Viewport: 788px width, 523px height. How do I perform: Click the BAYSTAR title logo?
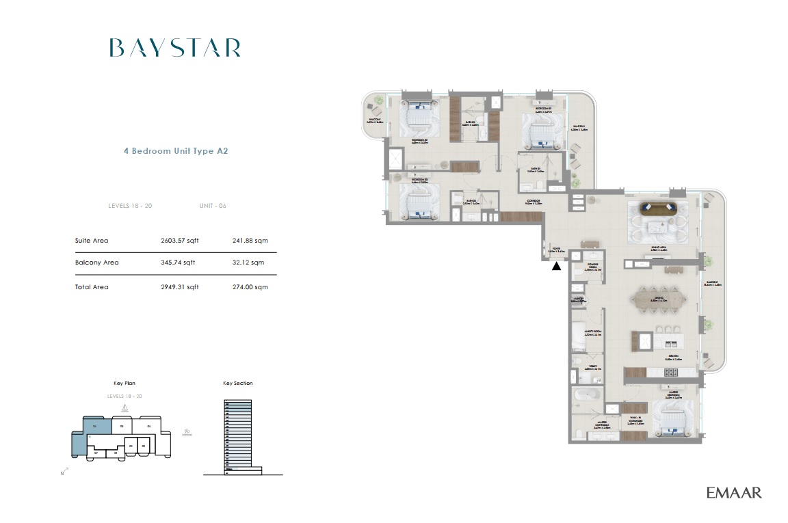pos(174,48)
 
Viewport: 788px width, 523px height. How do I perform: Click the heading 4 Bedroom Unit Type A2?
pos(175,151)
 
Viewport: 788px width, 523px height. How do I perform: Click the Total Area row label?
pos(92,287)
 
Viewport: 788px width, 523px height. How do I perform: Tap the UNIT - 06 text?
pos(212,206)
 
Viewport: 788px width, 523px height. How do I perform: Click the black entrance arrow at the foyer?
pos(557,267)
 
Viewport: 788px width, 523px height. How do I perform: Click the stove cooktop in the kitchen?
pos(670,372)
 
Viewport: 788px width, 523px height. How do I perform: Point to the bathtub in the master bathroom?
pos(587,394)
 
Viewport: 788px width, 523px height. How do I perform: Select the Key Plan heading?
pos(124,384)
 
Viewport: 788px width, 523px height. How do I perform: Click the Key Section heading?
pos(237,384)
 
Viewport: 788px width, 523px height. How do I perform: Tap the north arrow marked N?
pos(62,472)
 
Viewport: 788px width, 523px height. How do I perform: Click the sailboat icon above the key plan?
pos(124,408)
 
